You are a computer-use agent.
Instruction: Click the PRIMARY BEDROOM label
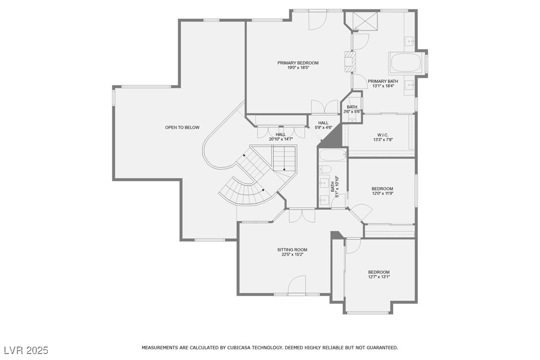pos(298,63)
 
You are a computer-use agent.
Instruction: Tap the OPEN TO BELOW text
pos(182,127)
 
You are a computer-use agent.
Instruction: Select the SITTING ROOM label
pos(292,250)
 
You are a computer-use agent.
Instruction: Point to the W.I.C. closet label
pos(382,135)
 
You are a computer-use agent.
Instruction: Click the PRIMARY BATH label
pos(383,82)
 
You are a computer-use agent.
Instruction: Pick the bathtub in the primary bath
pos(406,63)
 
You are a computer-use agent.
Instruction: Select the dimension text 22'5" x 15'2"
pos(292,255)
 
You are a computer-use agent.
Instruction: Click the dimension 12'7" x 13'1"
pos(379,276)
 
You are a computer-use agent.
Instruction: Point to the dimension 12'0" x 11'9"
pos(382,193)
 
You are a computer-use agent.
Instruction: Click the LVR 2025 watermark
pos(26,351)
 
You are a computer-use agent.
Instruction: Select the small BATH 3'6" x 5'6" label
pos(352,109)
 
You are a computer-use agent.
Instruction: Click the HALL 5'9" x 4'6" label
pos(323,125)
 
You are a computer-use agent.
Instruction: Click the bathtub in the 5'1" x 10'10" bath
pos(333,155)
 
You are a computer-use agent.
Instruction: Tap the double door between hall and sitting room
pos(302,216)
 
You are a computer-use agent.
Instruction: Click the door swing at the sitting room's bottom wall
pos(297,284)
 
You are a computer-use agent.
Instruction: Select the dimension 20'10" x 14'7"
pos(280,139)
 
